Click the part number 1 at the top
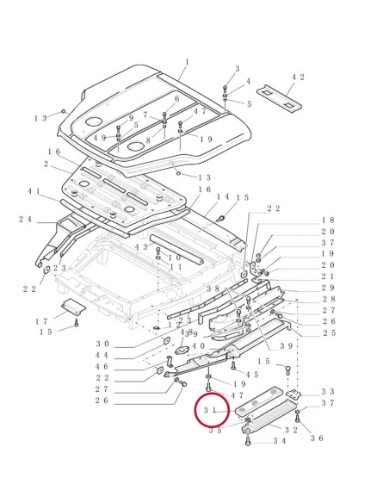[186, 62]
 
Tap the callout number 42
[298, 78]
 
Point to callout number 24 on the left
[25, 220]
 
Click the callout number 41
[34, 191]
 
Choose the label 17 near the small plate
[41, 321]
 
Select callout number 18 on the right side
[328, 220]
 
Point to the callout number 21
[328, 276]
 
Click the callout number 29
[328, 288]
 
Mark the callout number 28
[328, 299]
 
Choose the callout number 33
[328, 391]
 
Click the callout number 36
[317, 438]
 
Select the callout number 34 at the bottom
[279, 440]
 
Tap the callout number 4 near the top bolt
[249, 82]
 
